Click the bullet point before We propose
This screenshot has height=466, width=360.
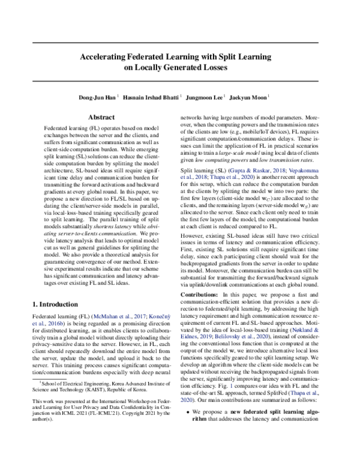pos(188,446)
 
